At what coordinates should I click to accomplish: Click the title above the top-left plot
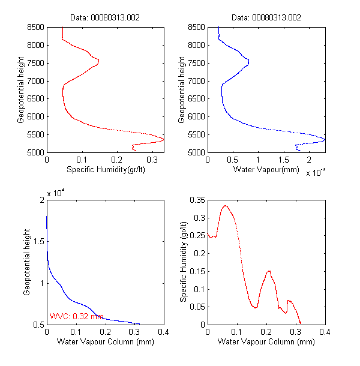[106, 17]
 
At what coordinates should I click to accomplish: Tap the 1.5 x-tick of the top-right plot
[283, 160]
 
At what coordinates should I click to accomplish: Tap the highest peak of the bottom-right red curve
[225, 206]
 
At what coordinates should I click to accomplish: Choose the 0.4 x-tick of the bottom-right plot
[325, 332]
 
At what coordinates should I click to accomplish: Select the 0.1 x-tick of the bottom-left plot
[76, 332]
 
